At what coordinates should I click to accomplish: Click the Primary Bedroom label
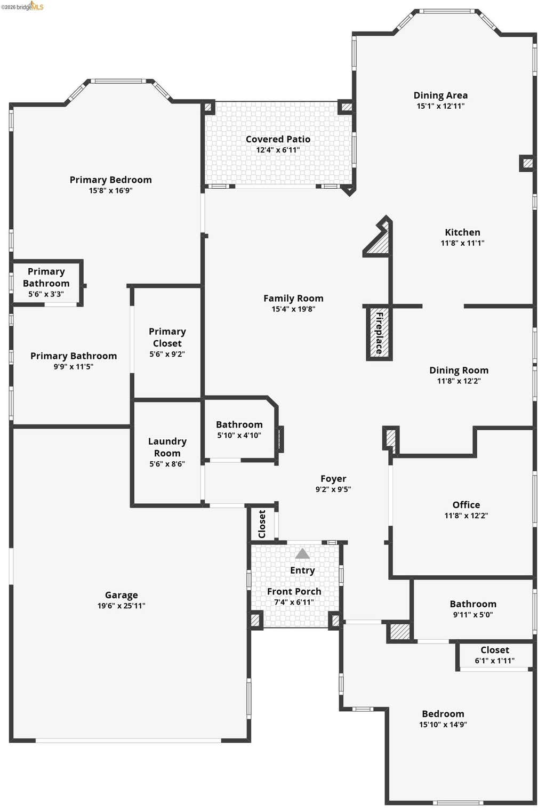coord(110,180)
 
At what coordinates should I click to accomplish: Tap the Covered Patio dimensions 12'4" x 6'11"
coord(278,150)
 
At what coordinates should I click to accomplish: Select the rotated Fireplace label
coord(379,333)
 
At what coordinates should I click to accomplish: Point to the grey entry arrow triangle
coord(302,553)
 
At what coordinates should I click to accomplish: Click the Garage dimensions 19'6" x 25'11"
coord(122,605)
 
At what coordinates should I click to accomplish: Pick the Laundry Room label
coord(167,447)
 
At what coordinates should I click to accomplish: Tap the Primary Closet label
coord(167,337)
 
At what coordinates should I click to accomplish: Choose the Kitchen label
coord(463,232)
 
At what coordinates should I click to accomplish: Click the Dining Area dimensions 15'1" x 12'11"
coord(440,106)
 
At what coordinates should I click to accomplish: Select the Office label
coord(466,504)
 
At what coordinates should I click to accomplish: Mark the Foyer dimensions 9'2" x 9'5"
coord(333,489)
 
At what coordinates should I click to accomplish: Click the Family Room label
coord(293,299)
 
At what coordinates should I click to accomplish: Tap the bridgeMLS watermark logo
coord(22,6)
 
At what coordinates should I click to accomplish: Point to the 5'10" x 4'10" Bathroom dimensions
coord(239,436)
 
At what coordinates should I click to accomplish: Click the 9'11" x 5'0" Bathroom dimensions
coord(473,614)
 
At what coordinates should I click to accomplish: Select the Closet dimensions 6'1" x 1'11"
coord(495,661)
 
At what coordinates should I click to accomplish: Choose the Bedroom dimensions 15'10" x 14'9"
coord(443,724)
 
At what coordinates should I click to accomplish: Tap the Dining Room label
coord(459,370)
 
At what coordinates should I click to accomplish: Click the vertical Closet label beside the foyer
coord(262,524)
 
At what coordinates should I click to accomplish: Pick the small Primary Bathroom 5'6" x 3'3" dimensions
coord(46,294)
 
